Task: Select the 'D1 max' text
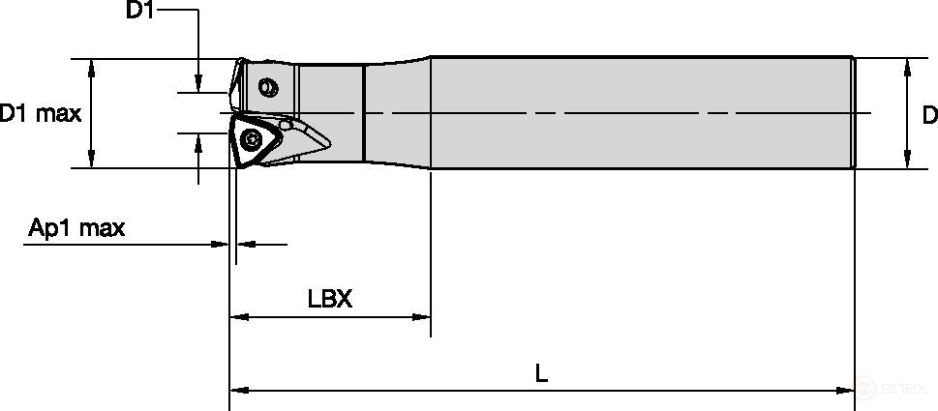(x=40, y=114)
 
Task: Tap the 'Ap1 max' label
(x=76, y=228)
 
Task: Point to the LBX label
(x=329, y=298)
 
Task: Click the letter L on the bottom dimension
(x=541, y=373)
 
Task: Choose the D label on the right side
(x=929, y=115)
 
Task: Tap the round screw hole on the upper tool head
(x=269, y=89)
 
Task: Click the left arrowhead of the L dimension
(x=238, y=391)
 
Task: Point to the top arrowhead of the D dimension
(x=907, y=66)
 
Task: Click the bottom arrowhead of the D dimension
(x=907, y=161)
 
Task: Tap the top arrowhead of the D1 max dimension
(x=92, y=66)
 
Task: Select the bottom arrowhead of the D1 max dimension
(x=92, y=161)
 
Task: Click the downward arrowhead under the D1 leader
(x=197, y=85)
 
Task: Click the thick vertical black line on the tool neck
(x=364, y=113)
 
